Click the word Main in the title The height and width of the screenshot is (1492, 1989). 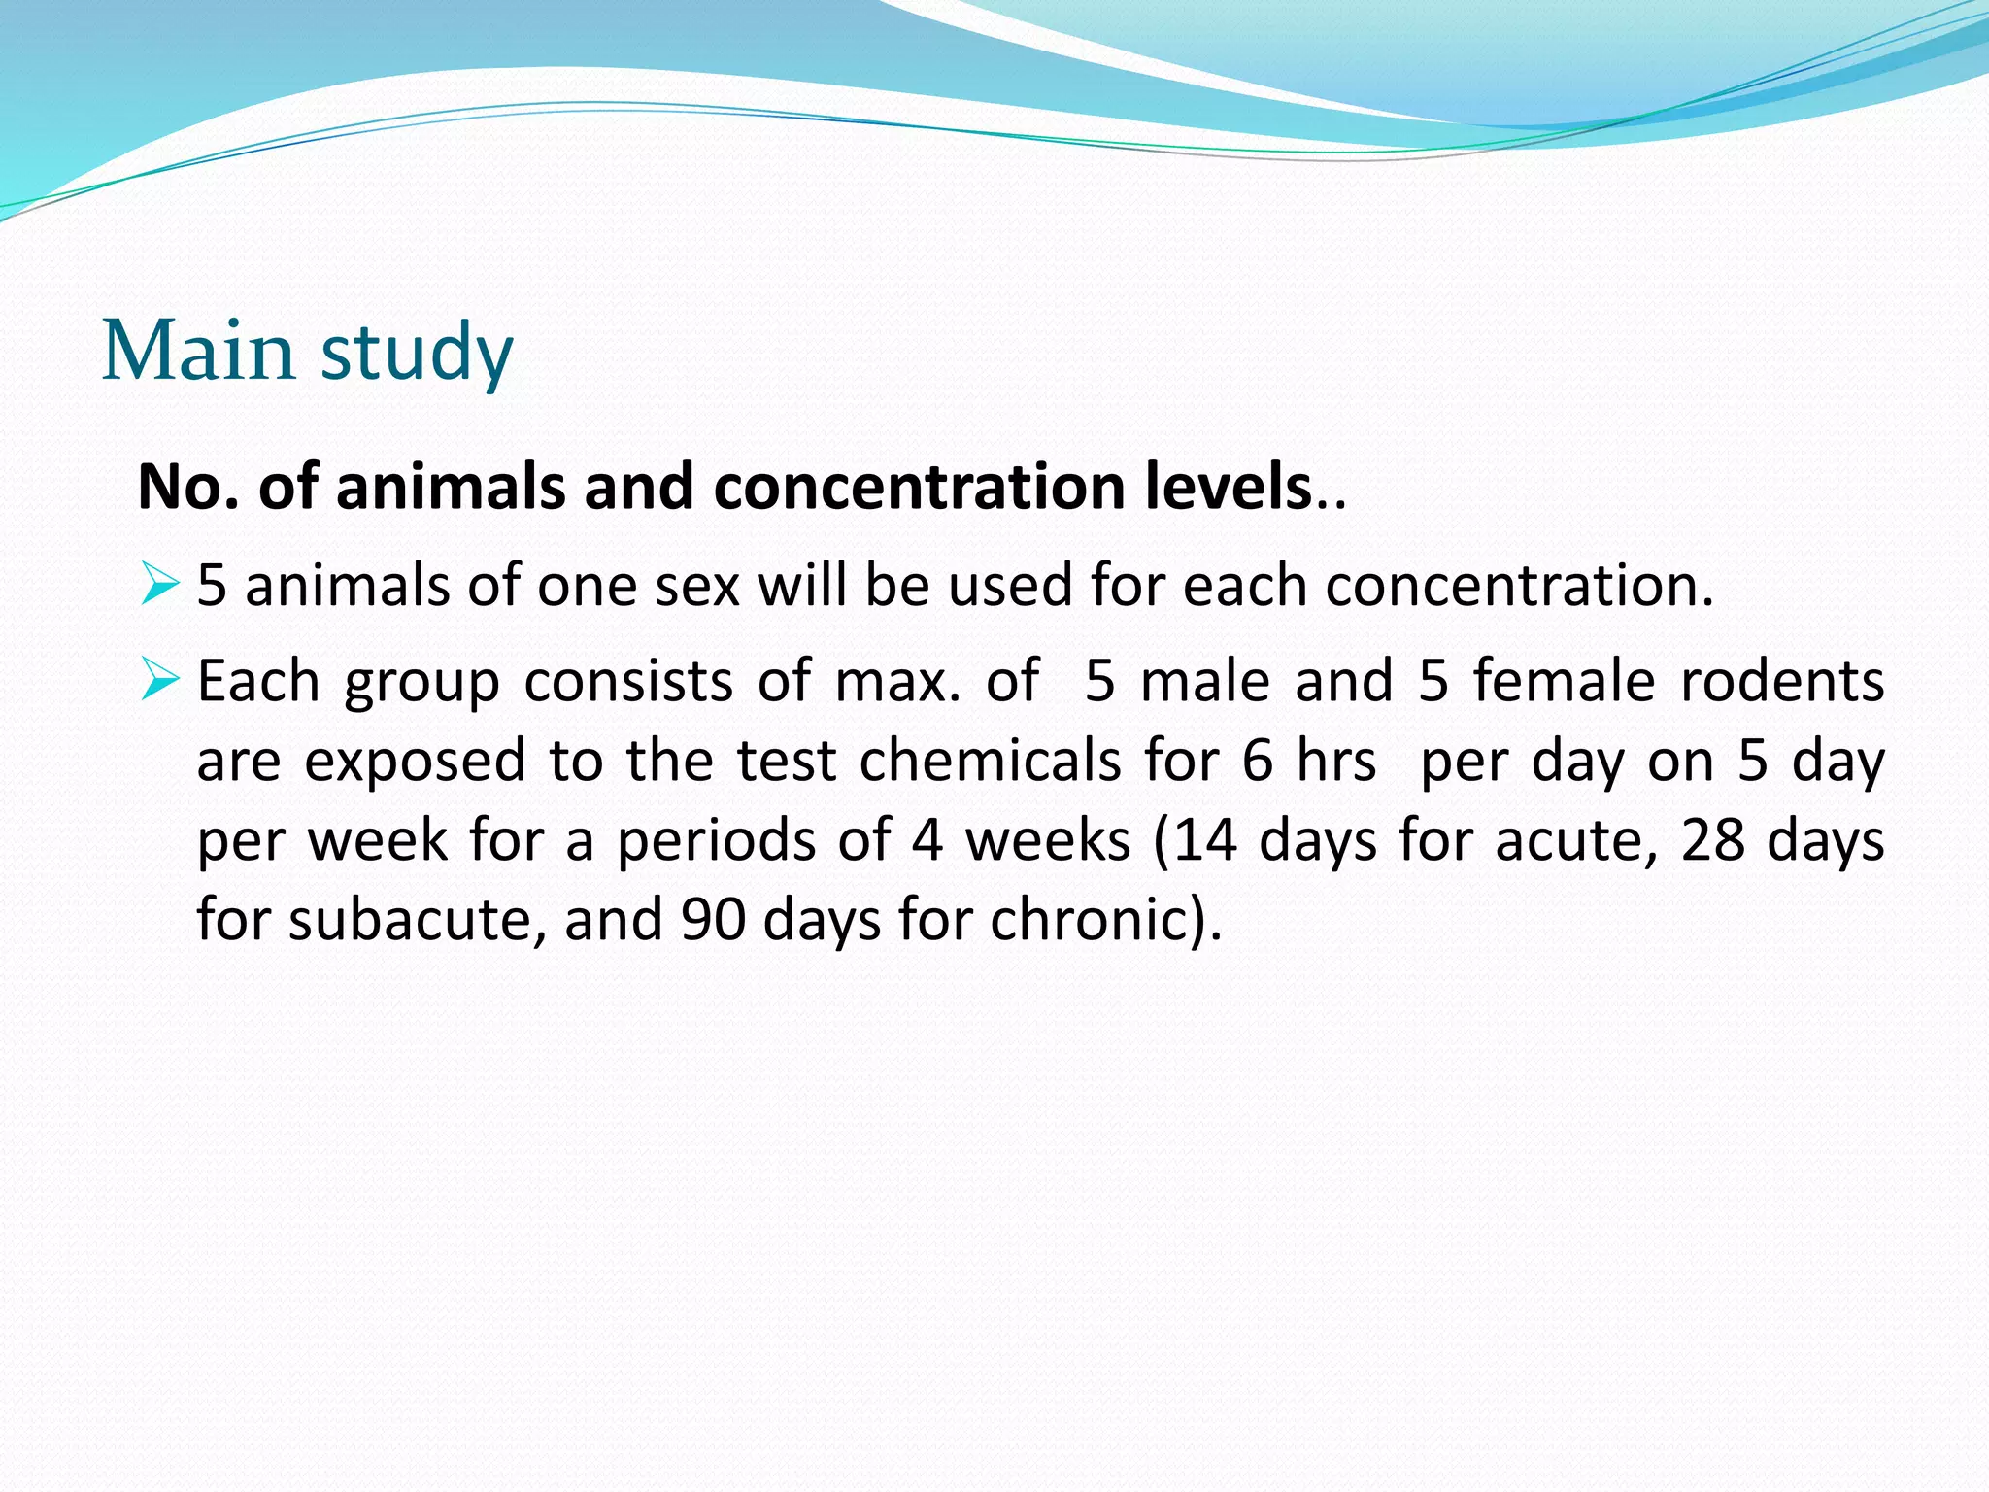click(x=198, y=351)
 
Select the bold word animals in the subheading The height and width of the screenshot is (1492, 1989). click(x=451, y=487)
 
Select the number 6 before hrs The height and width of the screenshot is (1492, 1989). click(x=1258, y=761)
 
